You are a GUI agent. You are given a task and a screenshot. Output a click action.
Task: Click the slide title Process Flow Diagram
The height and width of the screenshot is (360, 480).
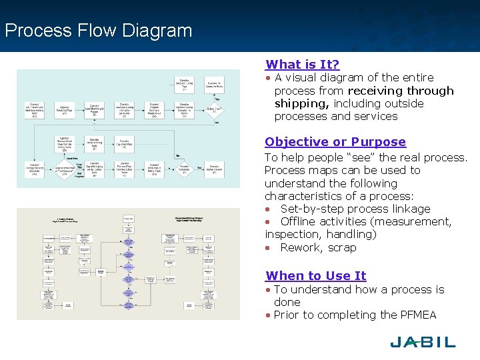pyautogui.click(x=98, y=31)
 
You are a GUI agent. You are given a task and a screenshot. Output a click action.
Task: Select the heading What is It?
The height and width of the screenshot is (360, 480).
pyautogui.click(x=302, y=65)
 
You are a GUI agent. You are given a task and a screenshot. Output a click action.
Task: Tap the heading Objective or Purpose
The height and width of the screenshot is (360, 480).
pyautogui.click(x=335, y=142)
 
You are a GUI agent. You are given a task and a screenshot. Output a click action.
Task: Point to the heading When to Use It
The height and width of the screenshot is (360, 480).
pyautogui.click(x=315, y=276)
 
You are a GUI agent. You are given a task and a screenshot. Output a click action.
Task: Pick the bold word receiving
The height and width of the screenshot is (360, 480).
pyautogui.click(x=379, y=91)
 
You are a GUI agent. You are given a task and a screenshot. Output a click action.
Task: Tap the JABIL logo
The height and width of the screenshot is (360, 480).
pyautogui.click(x=423, y=342)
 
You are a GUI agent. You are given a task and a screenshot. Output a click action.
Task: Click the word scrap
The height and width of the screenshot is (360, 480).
pyautogui.click(x=342, y=247)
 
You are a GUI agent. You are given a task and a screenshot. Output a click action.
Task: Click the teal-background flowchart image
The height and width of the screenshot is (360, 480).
pyautogui.click(x=128, y=128)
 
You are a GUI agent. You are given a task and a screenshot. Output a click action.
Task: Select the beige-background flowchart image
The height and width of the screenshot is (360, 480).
pyautogui.click(x=128, y=264)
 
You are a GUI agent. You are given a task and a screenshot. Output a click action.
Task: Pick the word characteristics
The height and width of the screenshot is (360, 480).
pyautogui.click(x=305, y=196)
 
